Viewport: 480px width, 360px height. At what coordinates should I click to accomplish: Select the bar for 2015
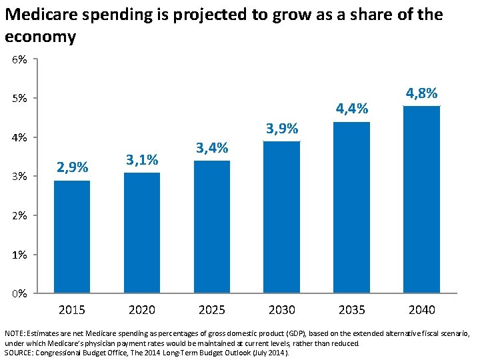point(72,237)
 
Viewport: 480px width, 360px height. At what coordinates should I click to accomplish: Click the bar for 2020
point(142,233)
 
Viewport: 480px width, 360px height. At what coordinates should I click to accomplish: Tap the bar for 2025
point(212,227)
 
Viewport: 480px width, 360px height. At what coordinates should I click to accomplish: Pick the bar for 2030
point(282,217)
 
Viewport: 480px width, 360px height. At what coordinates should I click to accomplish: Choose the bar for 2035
point(352,207)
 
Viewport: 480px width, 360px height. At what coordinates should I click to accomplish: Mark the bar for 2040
point(422,199)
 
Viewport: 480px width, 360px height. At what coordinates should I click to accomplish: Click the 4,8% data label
point(421,93)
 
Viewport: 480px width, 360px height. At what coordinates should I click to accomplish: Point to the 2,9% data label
point(72,167)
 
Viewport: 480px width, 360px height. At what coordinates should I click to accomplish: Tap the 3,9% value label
point(282,128)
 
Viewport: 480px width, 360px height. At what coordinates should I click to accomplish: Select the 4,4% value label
point(352,109)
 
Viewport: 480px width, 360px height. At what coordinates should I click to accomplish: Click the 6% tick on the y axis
point(19,60)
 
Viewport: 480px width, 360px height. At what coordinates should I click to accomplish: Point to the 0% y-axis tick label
point(19,293)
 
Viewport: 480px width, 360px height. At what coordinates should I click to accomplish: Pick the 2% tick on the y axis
point(19,215)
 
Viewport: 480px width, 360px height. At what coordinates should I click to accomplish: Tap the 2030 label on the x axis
point(282,309)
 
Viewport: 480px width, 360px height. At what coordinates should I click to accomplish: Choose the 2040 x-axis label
point(422,309)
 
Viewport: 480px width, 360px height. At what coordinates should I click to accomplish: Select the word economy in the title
point(40,37)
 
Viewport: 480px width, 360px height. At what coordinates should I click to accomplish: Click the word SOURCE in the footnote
point(20,352)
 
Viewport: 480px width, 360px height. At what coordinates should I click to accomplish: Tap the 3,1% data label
point(142,160)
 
